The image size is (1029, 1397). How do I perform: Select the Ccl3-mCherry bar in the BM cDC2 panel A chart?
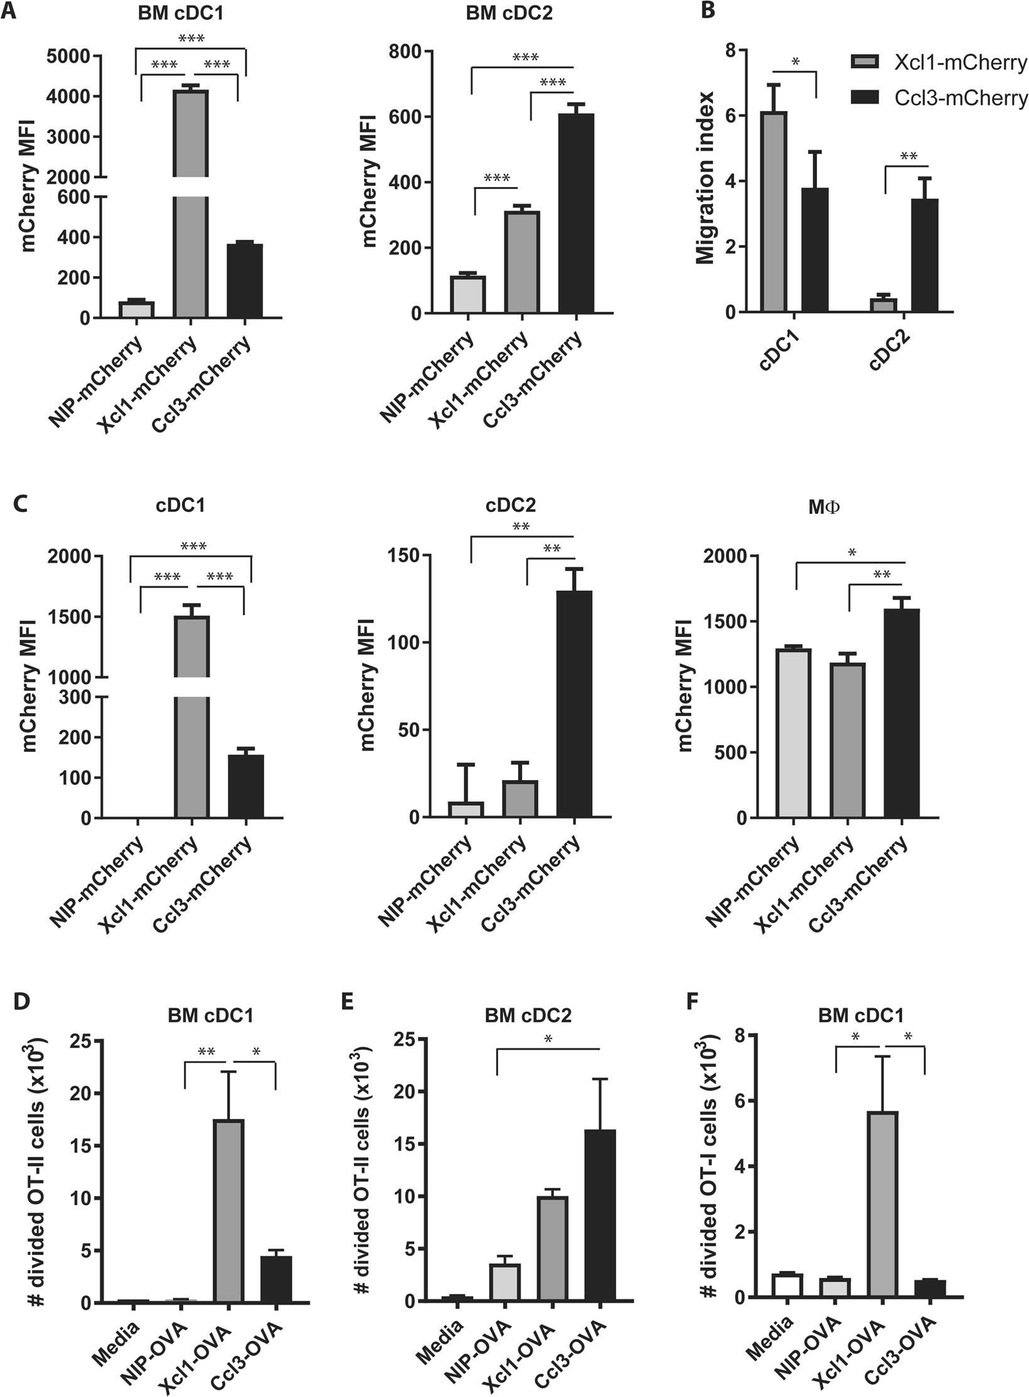pyautogui.click(x=575, y=213)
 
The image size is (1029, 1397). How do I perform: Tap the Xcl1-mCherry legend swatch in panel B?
pyautogui.click(x=865, y=62)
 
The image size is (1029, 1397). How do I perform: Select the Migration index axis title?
pyautogui.click(x=705, y=178)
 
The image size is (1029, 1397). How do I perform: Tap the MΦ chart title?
pyautogui.click(x=824, y=507)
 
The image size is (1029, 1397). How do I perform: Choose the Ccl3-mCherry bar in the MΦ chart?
pyautogui.click(x=902, y=713)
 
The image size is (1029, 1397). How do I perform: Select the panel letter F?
pyautogui.click(x=692, y=1002)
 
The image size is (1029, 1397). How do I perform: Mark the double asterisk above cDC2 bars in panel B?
pyautogui.click(x=909, y=156)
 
